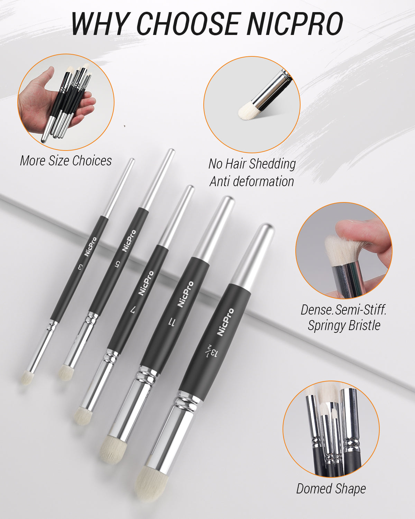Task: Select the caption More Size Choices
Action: (66, 161)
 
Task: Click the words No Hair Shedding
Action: (252, 164)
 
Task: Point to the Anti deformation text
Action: (252, 181)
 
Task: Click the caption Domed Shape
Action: (331, 489)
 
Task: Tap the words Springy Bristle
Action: (344, 325)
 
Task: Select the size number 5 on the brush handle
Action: (118, 264)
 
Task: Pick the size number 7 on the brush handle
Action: (133, 310)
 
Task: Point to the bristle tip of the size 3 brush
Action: (26, 377)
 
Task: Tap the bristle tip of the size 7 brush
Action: (82, 415)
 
